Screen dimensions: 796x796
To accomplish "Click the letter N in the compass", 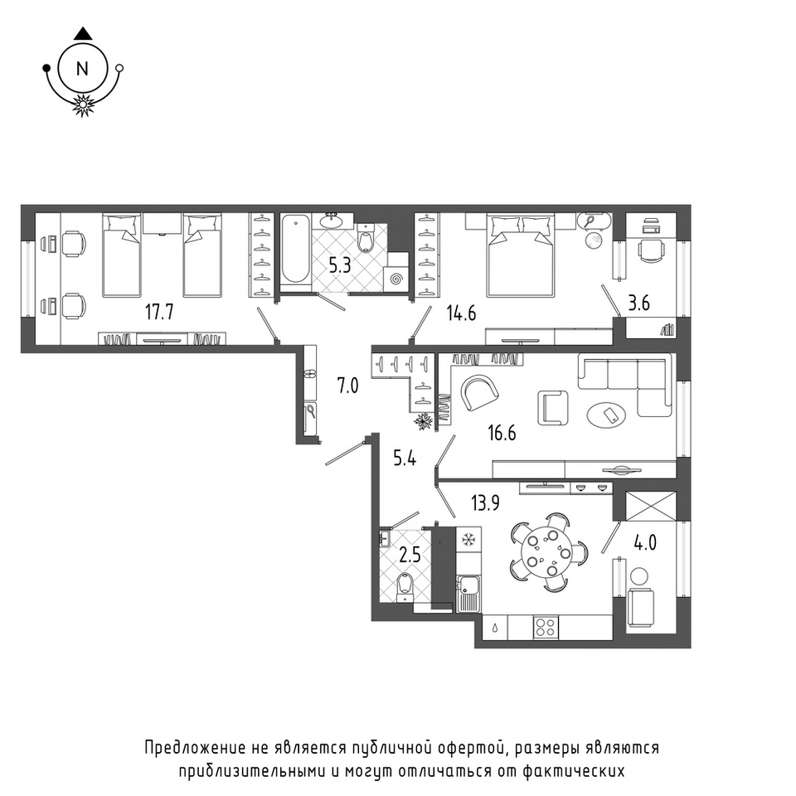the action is click(x=82, y=69).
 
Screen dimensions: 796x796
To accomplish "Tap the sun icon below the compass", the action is click(x=83, y=104).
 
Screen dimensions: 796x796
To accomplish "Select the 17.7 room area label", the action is click(x=159, y=313).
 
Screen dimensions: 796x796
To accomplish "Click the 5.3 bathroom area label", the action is click(x=340, y=265).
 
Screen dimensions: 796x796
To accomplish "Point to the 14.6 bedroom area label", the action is click(x=461, y=313).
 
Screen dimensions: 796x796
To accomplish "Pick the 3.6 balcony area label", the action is click(x=638, y=303).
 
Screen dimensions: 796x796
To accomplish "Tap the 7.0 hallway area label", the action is click(x=347, y=386).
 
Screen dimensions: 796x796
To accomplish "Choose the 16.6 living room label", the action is click(x=502, y=433).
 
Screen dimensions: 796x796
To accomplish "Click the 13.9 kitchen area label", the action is click(x=485, y=503).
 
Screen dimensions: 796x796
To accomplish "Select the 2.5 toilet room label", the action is click(x=410, y=555).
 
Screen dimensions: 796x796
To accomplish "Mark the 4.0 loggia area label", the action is click(x=645, y=542).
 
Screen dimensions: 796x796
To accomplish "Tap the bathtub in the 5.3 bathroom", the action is click(x=295, y=249).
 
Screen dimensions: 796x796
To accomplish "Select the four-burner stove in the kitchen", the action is click(x=546, y=628).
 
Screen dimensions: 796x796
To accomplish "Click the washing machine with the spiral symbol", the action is click(x=396, y=279).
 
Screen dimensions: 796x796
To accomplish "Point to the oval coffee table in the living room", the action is click(x=607, y=415).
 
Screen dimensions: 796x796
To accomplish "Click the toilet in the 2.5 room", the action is click(x=405, y=587).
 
